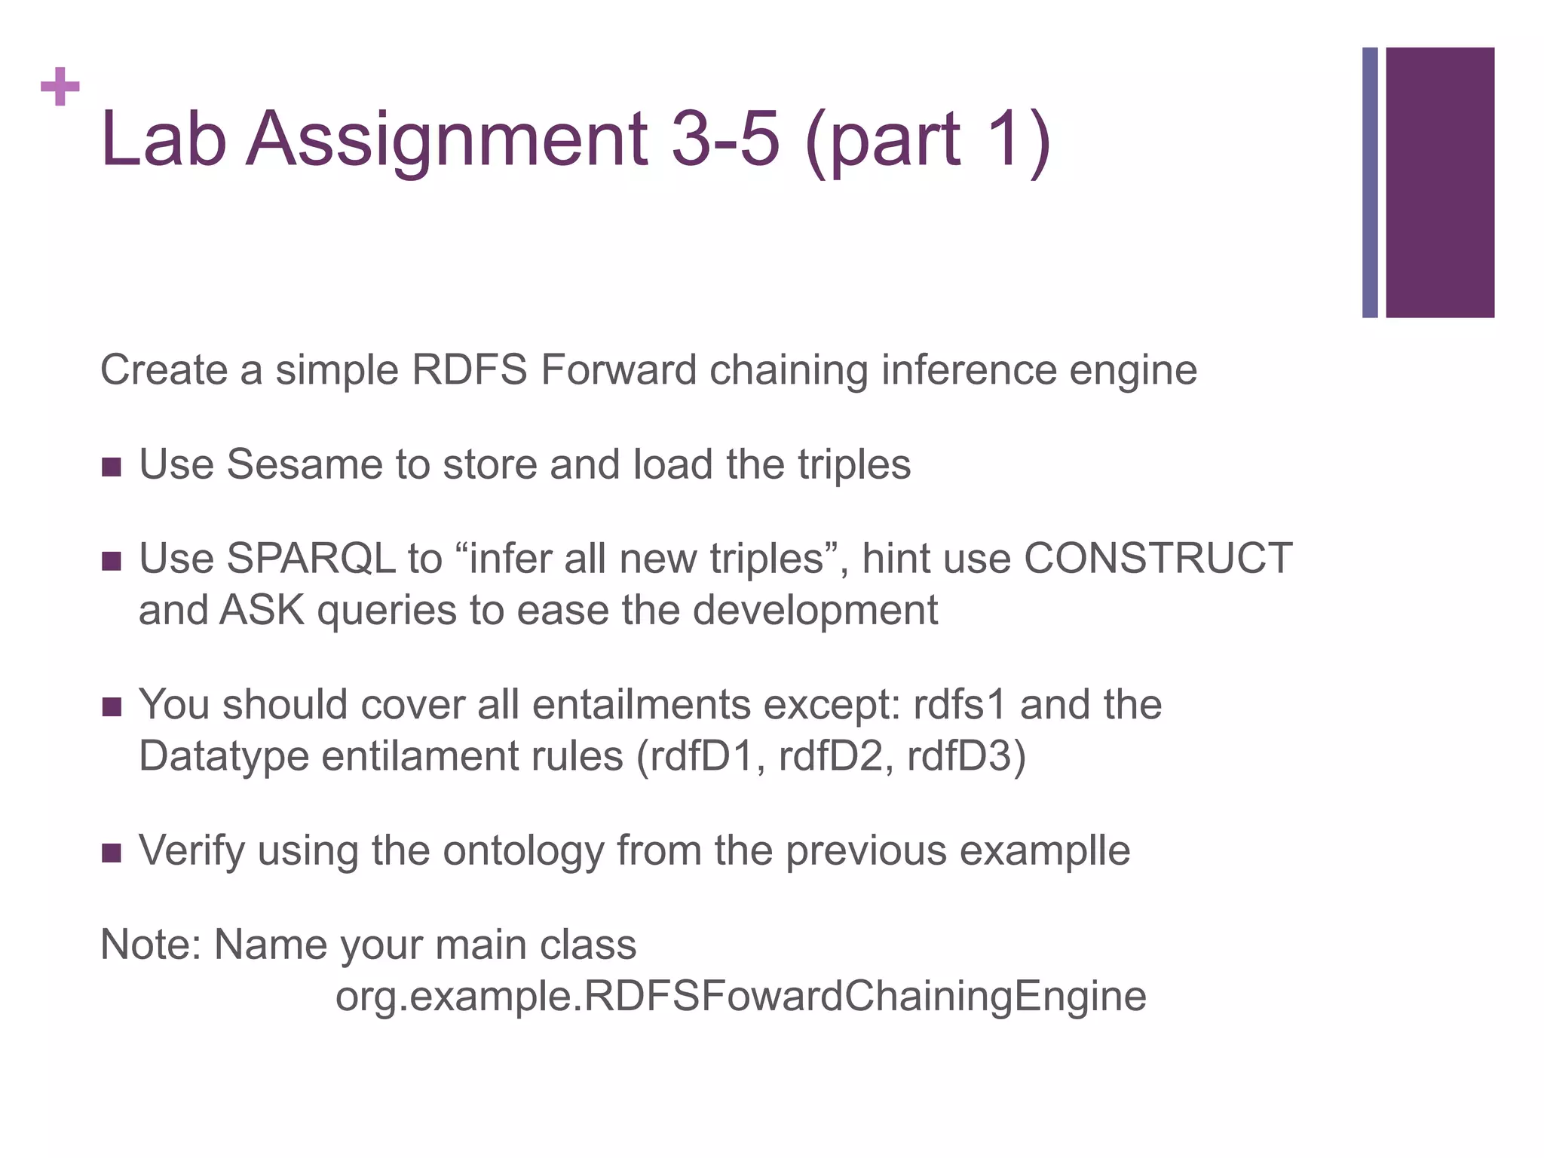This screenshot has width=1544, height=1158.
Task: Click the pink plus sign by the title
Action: (60, 87)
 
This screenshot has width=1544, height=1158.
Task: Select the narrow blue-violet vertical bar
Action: (1369, 182)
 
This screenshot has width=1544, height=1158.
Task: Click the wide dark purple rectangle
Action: (1439, 182)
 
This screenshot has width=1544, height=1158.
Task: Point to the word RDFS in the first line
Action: (469, 370)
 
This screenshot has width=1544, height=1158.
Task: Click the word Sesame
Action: (305, 464)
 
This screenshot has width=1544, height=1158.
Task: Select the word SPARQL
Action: (311, 559)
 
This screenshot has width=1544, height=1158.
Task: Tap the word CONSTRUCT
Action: (1158, 559)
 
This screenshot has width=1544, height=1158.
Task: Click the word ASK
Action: (262, 610)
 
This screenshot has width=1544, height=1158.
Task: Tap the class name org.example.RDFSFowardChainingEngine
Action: (740, 996)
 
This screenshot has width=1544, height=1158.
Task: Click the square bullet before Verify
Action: (112, 853)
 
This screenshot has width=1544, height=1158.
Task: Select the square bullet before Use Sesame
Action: (112, 467)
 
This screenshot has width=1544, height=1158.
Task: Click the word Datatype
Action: (224, 756)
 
